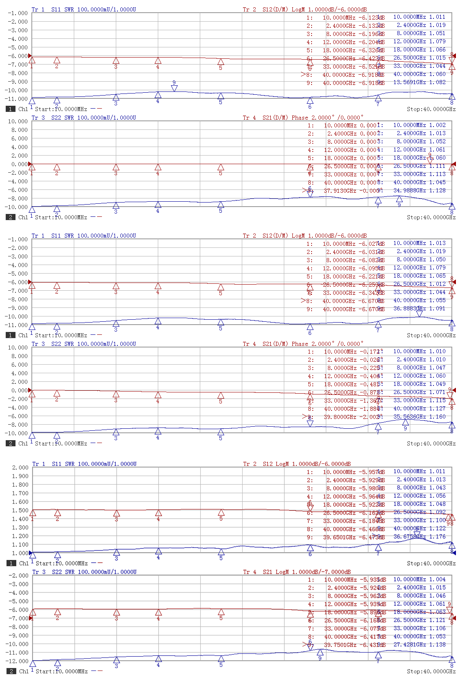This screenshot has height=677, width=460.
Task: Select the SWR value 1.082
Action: (x=437, y=82)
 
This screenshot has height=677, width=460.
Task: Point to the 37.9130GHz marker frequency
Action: (x=340, y=191)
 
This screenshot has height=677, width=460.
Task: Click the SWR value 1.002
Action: (x=437, y=125)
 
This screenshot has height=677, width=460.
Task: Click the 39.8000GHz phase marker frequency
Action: (x=340, y=417)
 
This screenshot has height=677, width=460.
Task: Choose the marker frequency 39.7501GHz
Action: (x=340, y=645)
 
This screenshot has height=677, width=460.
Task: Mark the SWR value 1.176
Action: (x=437, y=537)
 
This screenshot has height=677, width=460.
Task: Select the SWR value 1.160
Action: (x=437, y=416)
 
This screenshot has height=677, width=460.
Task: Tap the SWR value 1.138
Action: (x=437, y=644)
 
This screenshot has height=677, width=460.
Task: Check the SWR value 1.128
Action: (x=437, y=190)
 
